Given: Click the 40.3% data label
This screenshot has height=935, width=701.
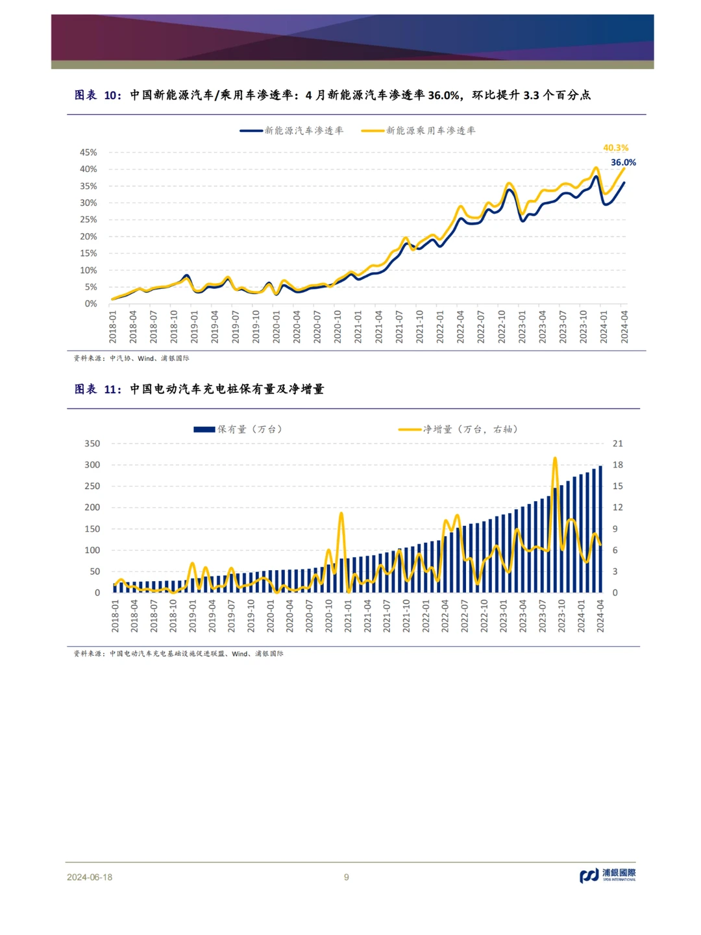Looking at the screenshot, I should click(x=615, y=148).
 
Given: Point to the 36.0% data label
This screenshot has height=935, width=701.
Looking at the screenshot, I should click(x=623, y=162).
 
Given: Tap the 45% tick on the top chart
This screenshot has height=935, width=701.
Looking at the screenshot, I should click(x=88, y=153).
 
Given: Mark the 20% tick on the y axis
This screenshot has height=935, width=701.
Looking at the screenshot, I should click(x=88, y=236).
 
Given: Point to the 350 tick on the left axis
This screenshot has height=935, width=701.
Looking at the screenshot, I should click(x=92, y=443).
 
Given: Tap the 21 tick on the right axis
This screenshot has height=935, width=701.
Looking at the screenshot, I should click(x=617, y=443).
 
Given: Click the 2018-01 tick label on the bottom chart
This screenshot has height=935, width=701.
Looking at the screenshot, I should click(x=115, y=616).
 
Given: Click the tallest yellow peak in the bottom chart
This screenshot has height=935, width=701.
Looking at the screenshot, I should click(x=555, y=459).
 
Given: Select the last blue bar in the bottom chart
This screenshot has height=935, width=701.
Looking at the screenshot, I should click(x=600, y=529).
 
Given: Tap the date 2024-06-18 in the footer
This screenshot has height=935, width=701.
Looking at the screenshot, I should click(x=90, y=877).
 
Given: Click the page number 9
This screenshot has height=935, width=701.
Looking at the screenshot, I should click(x=347, y=877).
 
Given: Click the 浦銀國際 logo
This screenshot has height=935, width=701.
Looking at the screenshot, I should click(x=608, y=875).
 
